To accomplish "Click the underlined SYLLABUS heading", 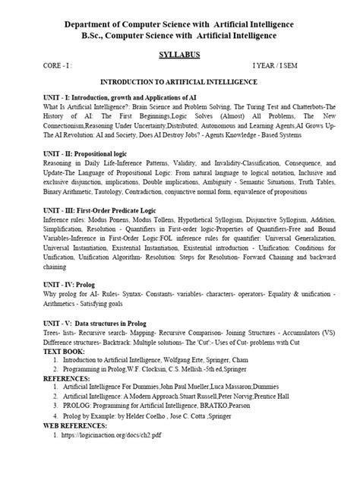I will point(179,55).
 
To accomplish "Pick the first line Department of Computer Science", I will point(179,21).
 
